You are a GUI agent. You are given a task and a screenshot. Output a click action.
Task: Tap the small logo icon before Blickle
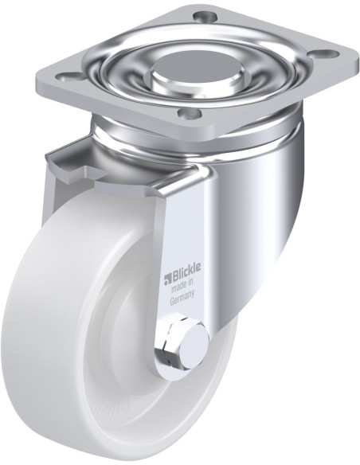pyautogui.click(x=168, y=277)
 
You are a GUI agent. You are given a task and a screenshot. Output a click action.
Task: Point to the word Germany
pyautogui.click(x=185, y=303)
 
